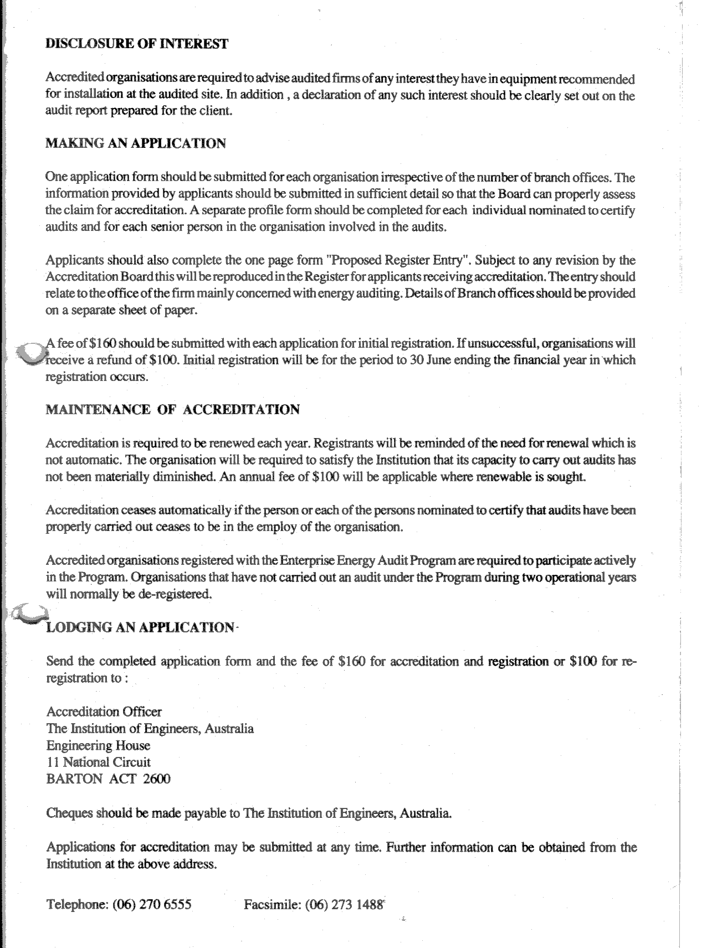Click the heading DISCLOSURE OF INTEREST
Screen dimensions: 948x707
(x=136, y=44)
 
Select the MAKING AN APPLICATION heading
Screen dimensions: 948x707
(x=136, y=143)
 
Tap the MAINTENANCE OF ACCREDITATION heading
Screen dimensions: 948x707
(x=172, y=410)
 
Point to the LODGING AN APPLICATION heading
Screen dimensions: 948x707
(x=140, y=627)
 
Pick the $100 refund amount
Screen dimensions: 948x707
(x=165, y=360)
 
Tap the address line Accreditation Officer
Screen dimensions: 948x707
(x=104, y=712)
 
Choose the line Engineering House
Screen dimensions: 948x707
(x=98, y=745)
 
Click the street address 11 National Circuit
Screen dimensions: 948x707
(x=99, y=762)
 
